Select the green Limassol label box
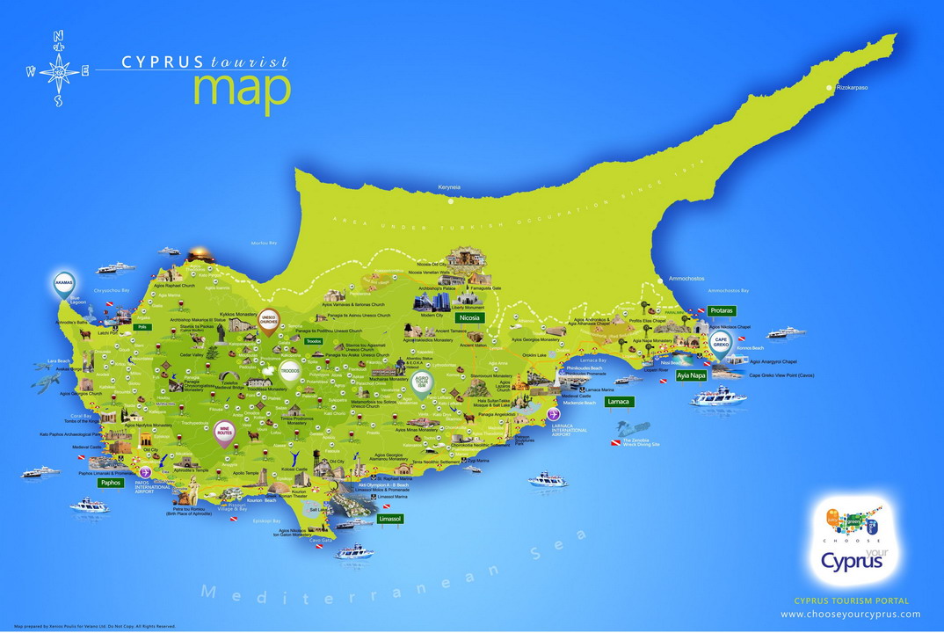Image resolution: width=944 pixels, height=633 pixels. tap(388, 520)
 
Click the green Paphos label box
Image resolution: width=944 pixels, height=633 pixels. tap(111, 483)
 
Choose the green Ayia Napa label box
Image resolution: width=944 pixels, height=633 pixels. tap(692, 375)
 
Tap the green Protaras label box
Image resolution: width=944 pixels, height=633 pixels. tap(722, 311)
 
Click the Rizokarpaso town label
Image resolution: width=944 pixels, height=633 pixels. tap(854, 87)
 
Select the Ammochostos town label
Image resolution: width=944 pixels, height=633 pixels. tap(686, 278)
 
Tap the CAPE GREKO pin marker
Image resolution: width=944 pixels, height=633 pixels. tap(721, 342)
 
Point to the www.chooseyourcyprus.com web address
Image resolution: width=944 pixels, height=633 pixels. tap(850, 615)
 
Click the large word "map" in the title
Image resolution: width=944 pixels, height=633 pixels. tap(241, 90)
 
